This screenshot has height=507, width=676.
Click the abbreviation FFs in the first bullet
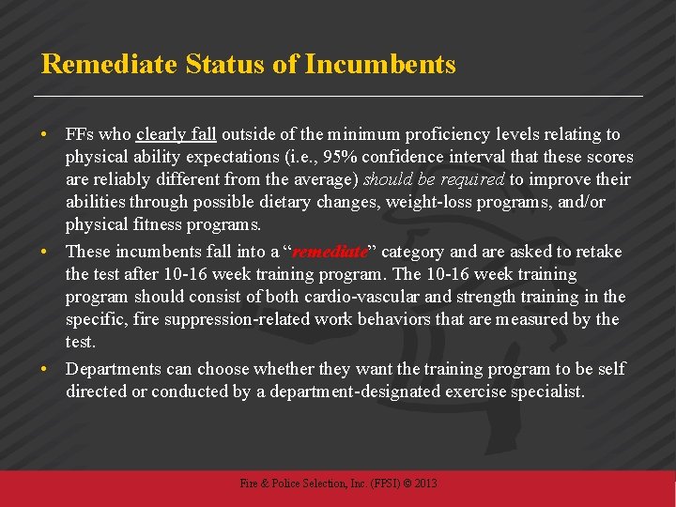[80, 135]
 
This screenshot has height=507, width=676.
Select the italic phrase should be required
[434, 180]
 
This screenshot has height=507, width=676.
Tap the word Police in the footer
[285, 484]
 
